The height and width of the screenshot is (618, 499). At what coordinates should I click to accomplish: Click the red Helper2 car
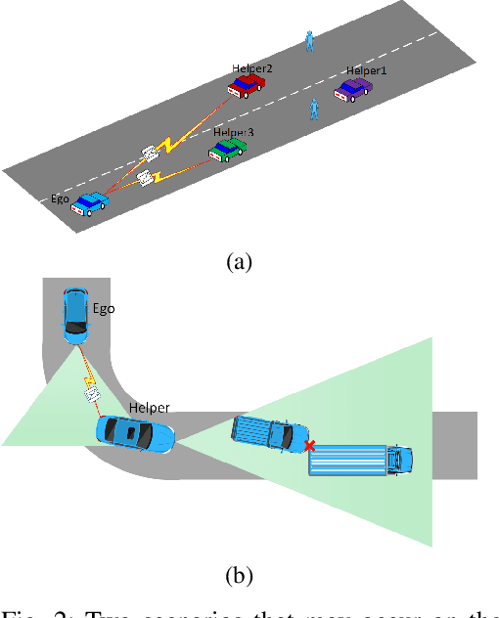tap(246, 87)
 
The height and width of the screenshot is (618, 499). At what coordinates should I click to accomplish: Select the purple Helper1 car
tap(353, 90)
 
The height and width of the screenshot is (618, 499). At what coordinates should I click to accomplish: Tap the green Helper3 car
tap(228, 149)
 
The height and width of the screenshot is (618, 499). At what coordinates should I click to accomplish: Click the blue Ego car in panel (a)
tap(90, 203)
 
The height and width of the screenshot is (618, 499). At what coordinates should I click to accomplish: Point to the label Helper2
tap(251, 69)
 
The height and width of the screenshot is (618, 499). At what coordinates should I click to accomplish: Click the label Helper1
tap(366, 71)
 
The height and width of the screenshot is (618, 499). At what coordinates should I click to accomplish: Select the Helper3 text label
tap(233, 131)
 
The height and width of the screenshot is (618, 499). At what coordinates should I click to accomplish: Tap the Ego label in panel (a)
tap(61, 197)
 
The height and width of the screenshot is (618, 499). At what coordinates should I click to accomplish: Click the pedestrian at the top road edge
tap(310, 40)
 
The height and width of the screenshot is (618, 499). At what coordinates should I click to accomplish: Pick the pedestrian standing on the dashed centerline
tap(315, 108)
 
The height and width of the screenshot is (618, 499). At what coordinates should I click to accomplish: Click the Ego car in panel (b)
tap(74, 314)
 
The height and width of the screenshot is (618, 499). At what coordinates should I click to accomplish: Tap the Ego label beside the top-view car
tap(104, 308)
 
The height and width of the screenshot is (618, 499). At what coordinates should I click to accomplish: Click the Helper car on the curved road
tap(136, 433)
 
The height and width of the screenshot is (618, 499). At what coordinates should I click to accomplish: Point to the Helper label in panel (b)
tap(149, 407)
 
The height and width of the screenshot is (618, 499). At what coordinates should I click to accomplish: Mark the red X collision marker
tap(309, 446)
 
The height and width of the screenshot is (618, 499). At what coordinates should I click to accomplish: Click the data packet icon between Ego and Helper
tap(94, 393)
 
